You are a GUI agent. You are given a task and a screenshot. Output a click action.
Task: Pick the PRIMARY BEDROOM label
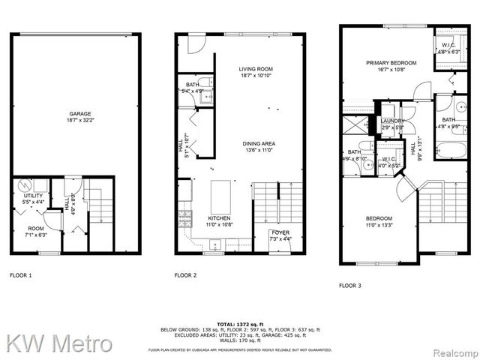tap(391, 63)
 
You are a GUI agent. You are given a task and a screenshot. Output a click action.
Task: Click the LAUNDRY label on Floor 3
tap(392, 121)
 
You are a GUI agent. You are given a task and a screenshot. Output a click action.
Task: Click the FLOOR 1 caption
tap(20, 276)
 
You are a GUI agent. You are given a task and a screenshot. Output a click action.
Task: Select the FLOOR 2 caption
tap(185, 276)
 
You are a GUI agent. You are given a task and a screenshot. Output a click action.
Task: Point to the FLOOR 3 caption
tap(350, 286)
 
